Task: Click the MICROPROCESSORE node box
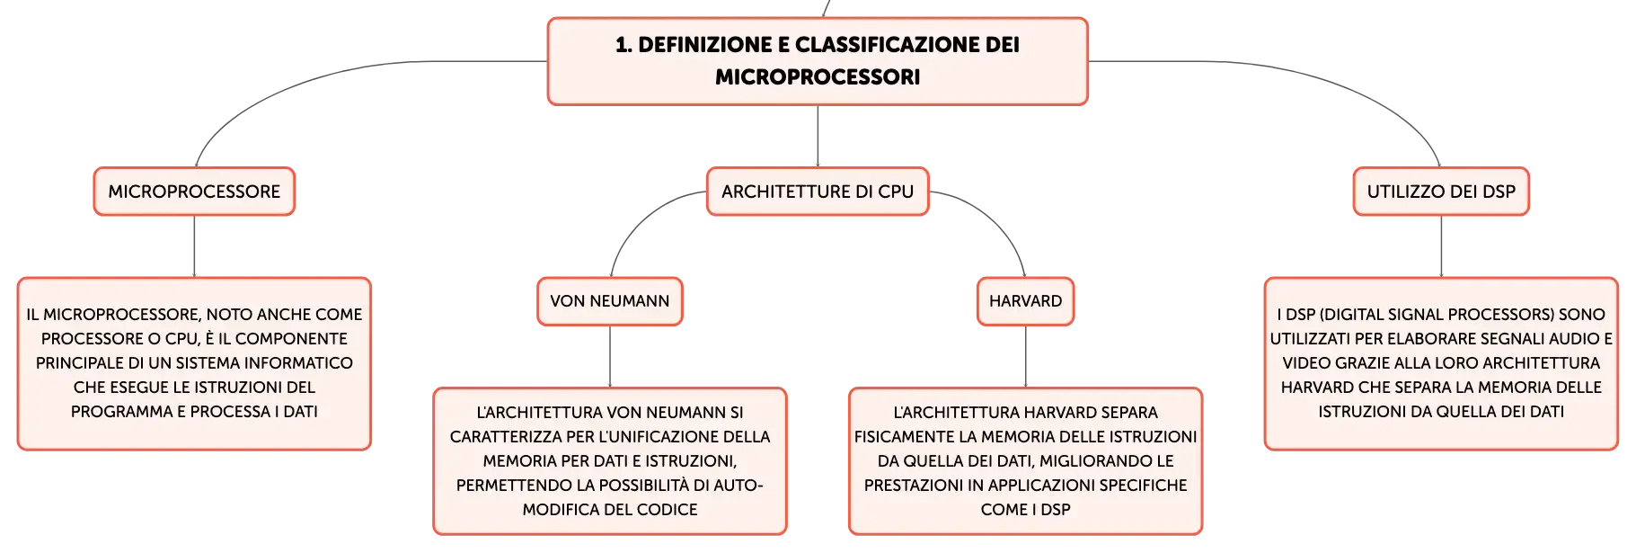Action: click(194, 192)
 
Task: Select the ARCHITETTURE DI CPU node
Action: click(818, 192)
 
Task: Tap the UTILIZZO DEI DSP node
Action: click(1441, 192)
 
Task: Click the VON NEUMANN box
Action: click(610, 301)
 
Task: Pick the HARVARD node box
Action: click(1025, 301)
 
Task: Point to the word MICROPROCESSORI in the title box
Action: click(818, 77)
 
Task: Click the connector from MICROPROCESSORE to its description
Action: click(194, 246)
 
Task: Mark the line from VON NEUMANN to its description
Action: click(610, 356)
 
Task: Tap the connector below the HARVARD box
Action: click(1025, 356)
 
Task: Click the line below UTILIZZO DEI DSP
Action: click(1441, 246)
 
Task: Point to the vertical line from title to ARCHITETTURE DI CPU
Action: click(818, 136)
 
